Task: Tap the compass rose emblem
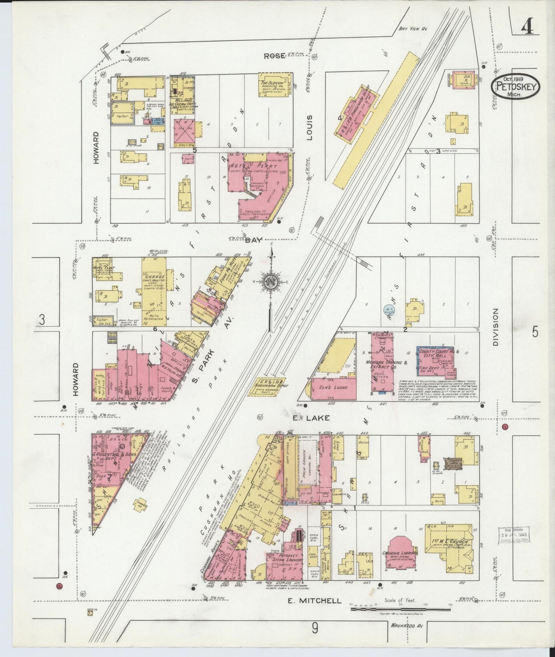click(272, 282)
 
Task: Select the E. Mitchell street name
click(314, 601)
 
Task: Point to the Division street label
click(495, 327)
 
